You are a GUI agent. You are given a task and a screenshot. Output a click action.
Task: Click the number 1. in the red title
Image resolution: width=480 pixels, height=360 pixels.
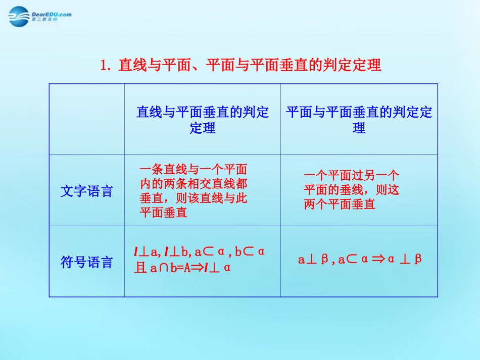[106, 66]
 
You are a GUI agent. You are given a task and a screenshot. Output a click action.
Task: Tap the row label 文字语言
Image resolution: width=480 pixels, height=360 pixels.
[86, 192]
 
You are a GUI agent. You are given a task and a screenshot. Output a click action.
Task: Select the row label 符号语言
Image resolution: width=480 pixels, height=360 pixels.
[86, 263]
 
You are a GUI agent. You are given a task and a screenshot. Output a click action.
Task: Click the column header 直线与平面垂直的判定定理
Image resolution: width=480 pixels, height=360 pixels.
[203, 120]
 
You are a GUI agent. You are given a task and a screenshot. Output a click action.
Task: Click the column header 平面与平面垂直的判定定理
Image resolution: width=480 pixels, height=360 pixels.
[359, 120]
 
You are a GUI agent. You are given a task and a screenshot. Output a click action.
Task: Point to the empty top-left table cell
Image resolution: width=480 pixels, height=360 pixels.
[86, 119]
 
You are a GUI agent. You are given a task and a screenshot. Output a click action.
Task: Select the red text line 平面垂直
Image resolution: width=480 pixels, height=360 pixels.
[163, 213]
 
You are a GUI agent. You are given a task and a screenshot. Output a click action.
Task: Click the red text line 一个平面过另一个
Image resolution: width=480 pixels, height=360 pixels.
[352, 176]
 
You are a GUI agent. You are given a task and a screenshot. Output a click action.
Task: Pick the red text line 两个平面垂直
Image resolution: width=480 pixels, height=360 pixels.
[340, 204]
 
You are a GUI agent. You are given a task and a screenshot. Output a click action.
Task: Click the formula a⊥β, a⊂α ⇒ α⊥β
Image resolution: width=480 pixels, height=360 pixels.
[360, 260]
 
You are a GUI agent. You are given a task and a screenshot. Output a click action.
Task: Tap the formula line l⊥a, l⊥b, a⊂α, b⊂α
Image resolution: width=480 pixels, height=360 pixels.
[200, 251]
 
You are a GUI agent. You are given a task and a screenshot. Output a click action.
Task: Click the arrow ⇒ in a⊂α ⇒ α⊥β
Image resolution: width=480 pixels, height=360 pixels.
[378, 260]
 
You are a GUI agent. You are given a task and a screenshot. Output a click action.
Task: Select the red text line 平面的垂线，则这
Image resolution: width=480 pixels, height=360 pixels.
[352, 190]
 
